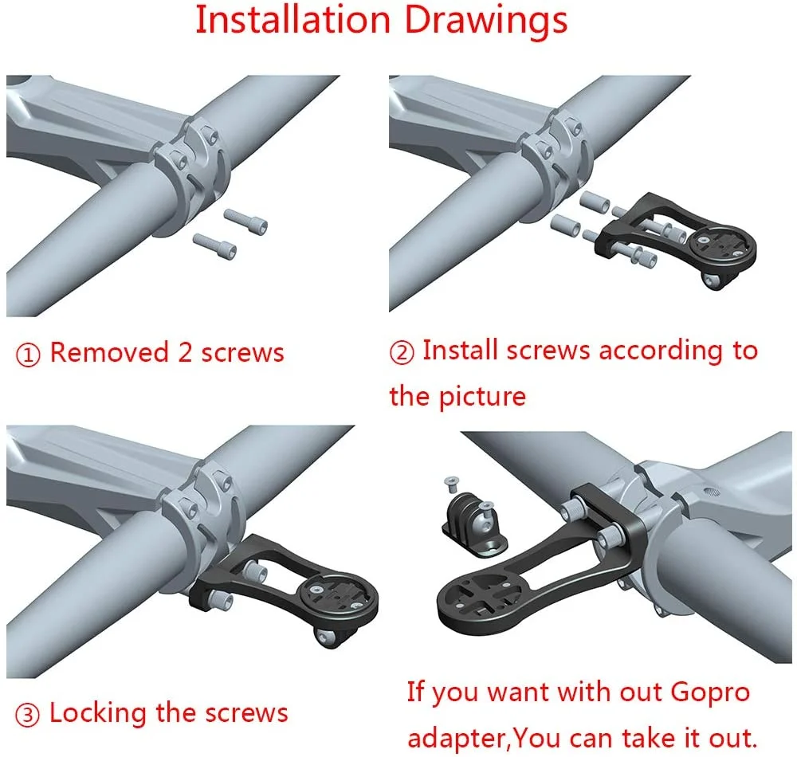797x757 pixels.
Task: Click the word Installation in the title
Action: click(x=292, y=20)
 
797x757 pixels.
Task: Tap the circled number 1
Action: click(x=28, y=355)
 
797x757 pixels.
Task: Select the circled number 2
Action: click(x=402, y=352)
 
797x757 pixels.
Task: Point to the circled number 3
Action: click(x=27, y=715)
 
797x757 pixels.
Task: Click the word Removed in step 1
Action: click(x=109, y=352)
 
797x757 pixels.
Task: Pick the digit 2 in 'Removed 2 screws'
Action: click(x=185, y=352)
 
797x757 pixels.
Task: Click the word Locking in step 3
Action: click(x=97, y=713)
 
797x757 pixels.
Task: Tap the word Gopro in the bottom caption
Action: click(x=710, y=693)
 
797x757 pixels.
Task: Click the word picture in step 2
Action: click(x=482, y=397)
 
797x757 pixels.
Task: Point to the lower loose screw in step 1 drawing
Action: click(x=214, y=246)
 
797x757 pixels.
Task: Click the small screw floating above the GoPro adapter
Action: click(x=451, y=484)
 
